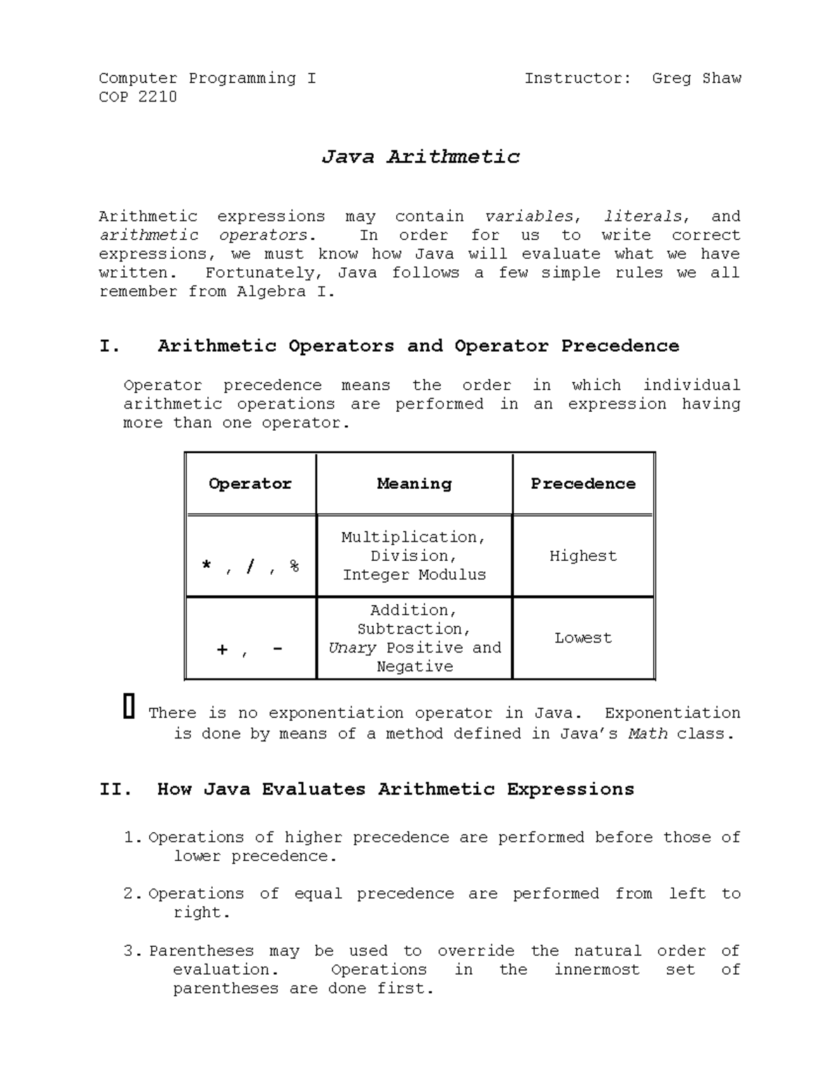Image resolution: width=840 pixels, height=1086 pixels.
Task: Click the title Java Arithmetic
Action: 420,157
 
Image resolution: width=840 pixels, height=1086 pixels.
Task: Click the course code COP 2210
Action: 138,97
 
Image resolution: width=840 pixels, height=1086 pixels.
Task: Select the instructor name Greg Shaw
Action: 696,78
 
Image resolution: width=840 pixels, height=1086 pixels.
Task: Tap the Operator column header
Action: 250,484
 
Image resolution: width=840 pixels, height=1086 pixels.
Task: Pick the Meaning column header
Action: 414,484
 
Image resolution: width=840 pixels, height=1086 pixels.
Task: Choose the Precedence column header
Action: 583,484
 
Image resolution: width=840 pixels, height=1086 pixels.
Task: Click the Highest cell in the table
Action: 583,556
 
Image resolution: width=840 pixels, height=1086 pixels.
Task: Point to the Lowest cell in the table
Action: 583,638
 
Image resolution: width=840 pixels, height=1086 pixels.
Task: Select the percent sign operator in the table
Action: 294,566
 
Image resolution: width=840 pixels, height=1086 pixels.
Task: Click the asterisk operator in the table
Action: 206,565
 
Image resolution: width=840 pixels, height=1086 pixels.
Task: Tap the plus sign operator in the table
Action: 222,650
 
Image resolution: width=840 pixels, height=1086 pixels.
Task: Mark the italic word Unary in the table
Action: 352,648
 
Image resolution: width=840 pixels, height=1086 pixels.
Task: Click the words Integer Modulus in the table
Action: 414,575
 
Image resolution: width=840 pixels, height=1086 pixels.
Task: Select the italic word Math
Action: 647,734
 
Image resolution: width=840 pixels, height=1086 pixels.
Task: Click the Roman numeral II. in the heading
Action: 115,790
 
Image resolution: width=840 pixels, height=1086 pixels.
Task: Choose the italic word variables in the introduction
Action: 530,217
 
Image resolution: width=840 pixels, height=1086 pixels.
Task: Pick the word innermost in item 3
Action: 596,970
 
